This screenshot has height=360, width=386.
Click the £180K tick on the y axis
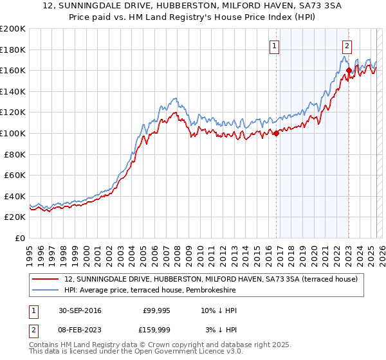point(14,50)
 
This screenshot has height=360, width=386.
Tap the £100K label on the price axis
point(14,133)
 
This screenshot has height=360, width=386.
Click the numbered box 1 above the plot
point(275,46)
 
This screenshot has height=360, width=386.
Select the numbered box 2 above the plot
point(347,46)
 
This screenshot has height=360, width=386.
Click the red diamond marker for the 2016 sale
point(276,134)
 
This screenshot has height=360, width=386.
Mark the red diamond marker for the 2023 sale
point(349,71)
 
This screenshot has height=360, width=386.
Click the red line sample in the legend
point(46,278)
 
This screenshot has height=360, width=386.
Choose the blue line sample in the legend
point(46,290)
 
